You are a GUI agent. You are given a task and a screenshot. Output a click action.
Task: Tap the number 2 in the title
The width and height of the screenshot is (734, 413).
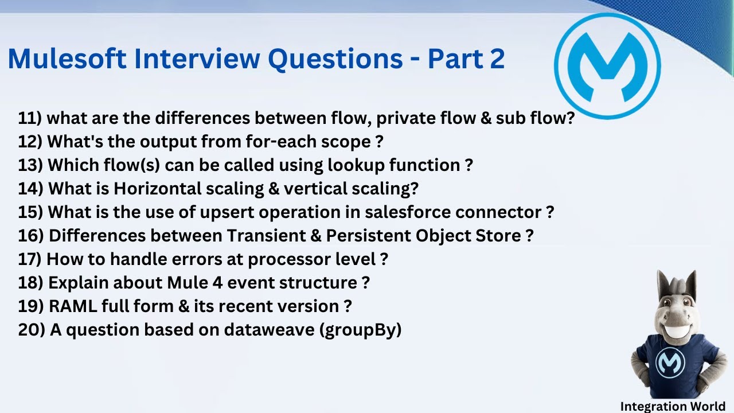point(497,59)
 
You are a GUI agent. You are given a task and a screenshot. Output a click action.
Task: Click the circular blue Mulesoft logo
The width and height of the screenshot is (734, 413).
point(608,66)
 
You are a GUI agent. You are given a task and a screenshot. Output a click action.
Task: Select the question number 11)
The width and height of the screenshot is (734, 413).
point(30,118)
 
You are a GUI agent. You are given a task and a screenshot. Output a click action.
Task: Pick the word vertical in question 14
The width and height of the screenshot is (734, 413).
point(318,189)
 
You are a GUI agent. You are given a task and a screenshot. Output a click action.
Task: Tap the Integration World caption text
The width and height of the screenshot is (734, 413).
point(673,406)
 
